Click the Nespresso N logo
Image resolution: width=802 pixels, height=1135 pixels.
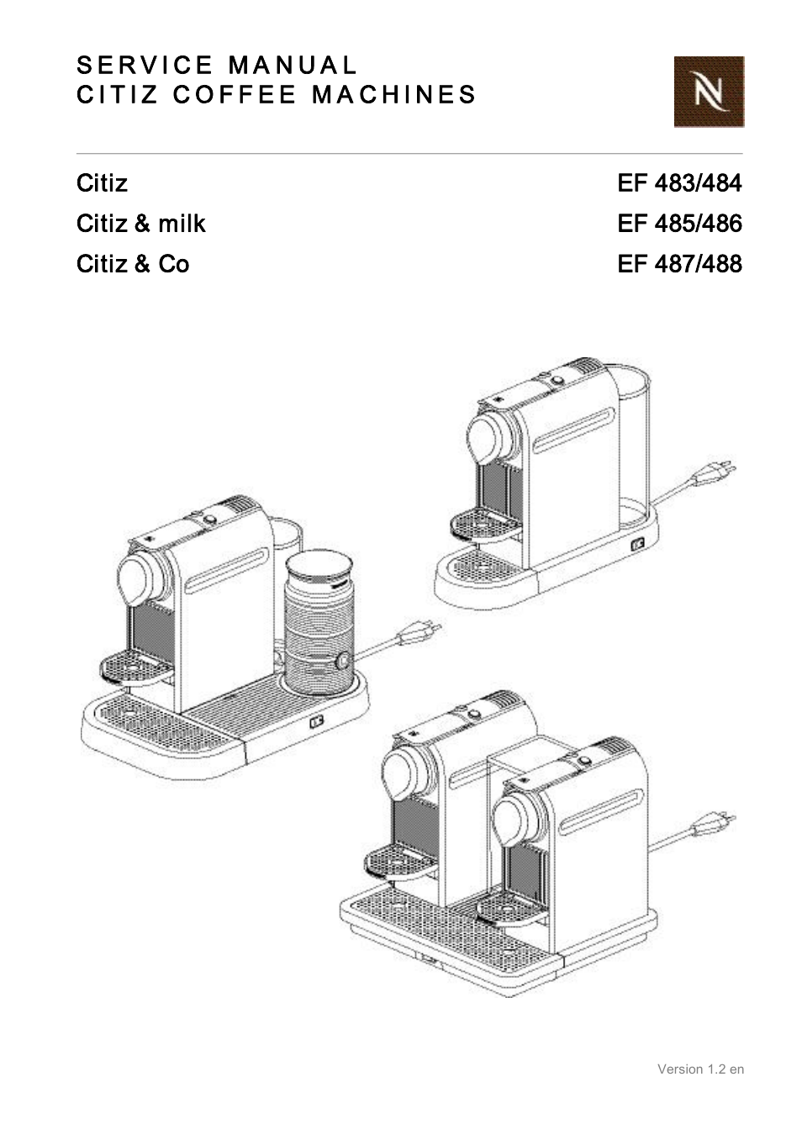tap(708, 92)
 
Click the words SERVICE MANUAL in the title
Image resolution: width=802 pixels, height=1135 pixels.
tap(217, 66)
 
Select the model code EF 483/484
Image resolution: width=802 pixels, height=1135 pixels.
tap(679, 183)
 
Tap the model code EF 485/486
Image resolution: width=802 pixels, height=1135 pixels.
tap(679, 224)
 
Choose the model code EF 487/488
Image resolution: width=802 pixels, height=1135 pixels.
tap(679, 264)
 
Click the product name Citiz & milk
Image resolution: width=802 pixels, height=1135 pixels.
tap(140, 224)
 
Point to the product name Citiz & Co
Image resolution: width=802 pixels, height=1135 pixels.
tap(132, 264)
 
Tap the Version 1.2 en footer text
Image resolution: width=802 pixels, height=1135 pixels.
tap(699, 1069)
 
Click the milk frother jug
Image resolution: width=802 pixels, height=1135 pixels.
tap(318, 622)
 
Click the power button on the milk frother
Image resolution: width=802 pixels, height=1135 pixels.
tap(342, 661)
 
